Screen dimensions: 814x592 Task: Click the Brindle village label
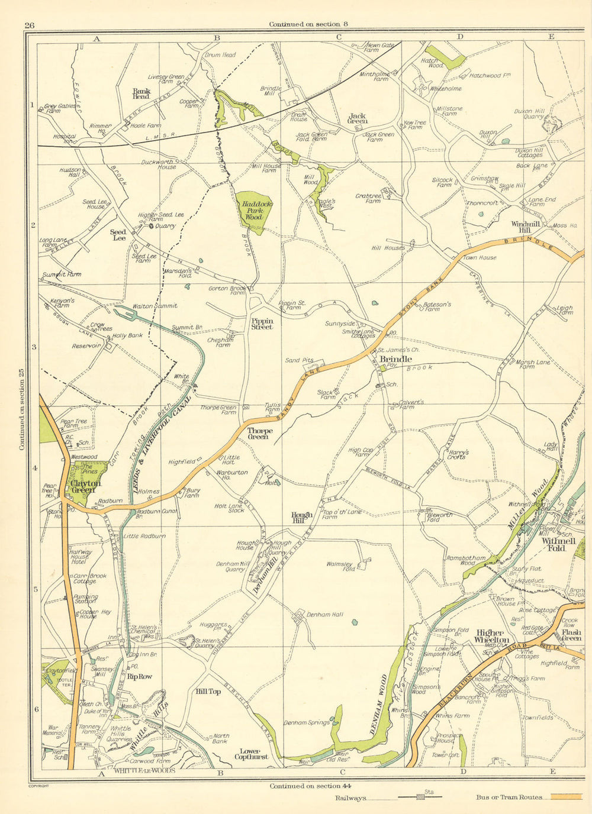tap(395, 359)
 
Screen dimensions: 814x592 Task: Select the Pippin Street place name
tap(262, 323)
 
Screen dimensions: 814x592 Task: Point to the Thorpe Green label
tap(260, 434)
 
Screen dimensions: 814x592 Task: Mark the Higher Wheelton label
tap(493, 637)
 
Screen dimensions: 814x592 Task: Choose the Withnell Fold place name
tap(554, 544)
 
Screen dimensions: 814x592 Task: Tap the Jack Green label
tap(357, 118)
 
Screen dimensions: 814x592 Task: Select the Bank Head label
tap(141, 93)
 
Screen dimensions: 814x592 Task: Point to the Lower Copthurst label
tap(251, 754)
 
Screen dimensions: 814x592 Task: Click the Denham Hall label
tap(324, 615)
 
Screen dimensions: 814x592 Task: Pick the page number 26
tap(30, 24)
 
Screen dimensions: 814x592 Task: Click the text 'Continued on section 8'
tap(308, 24)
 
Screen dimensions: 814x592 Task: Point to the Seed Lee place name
tap(119, 235)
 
